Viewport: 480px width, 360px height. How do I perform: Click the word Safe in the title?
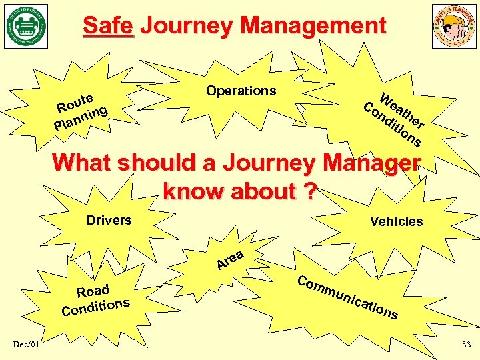(108, 26)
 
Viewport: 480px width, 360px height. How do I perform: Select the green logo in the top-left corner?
(26, 26)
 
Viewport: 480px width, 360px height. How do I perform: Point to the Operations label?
(241, 91)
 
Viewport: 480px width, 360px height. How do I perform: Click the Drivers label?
(109, 220)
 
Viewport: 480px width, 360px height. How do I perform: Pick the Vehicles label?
(396, 221)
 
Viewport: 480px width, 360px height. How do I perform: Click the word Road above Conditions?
(93, 291)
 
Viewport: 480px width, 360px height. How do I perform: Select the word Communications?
(347, 296)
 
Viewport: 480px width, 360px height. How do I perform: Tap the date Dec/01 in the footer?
(26, 343)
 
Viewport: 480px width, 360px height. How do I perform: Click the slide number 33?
(465, 344)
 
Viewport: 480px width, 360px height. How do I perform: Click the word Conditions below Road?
(95, 306)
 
